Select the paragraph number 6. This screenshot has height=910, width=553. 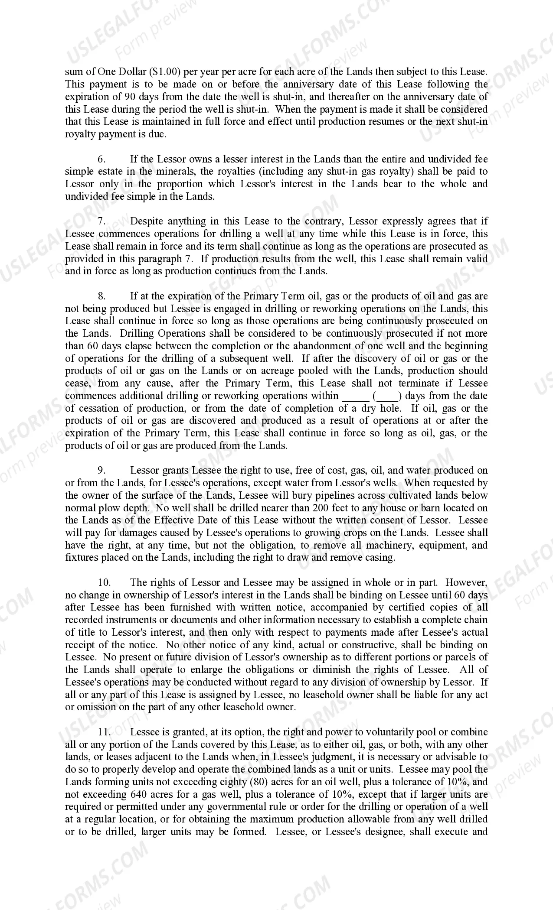pyautogui.click(x=101, y=159)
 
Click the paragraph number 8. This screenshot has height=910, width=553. pyautogui.click(x=101, y=296)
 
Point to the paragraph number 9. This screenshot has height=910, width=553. pyautogui.click(x=101, y=471)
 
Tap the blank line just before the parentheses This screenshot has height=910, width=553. pyautogui.click(x=356, y=396)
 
